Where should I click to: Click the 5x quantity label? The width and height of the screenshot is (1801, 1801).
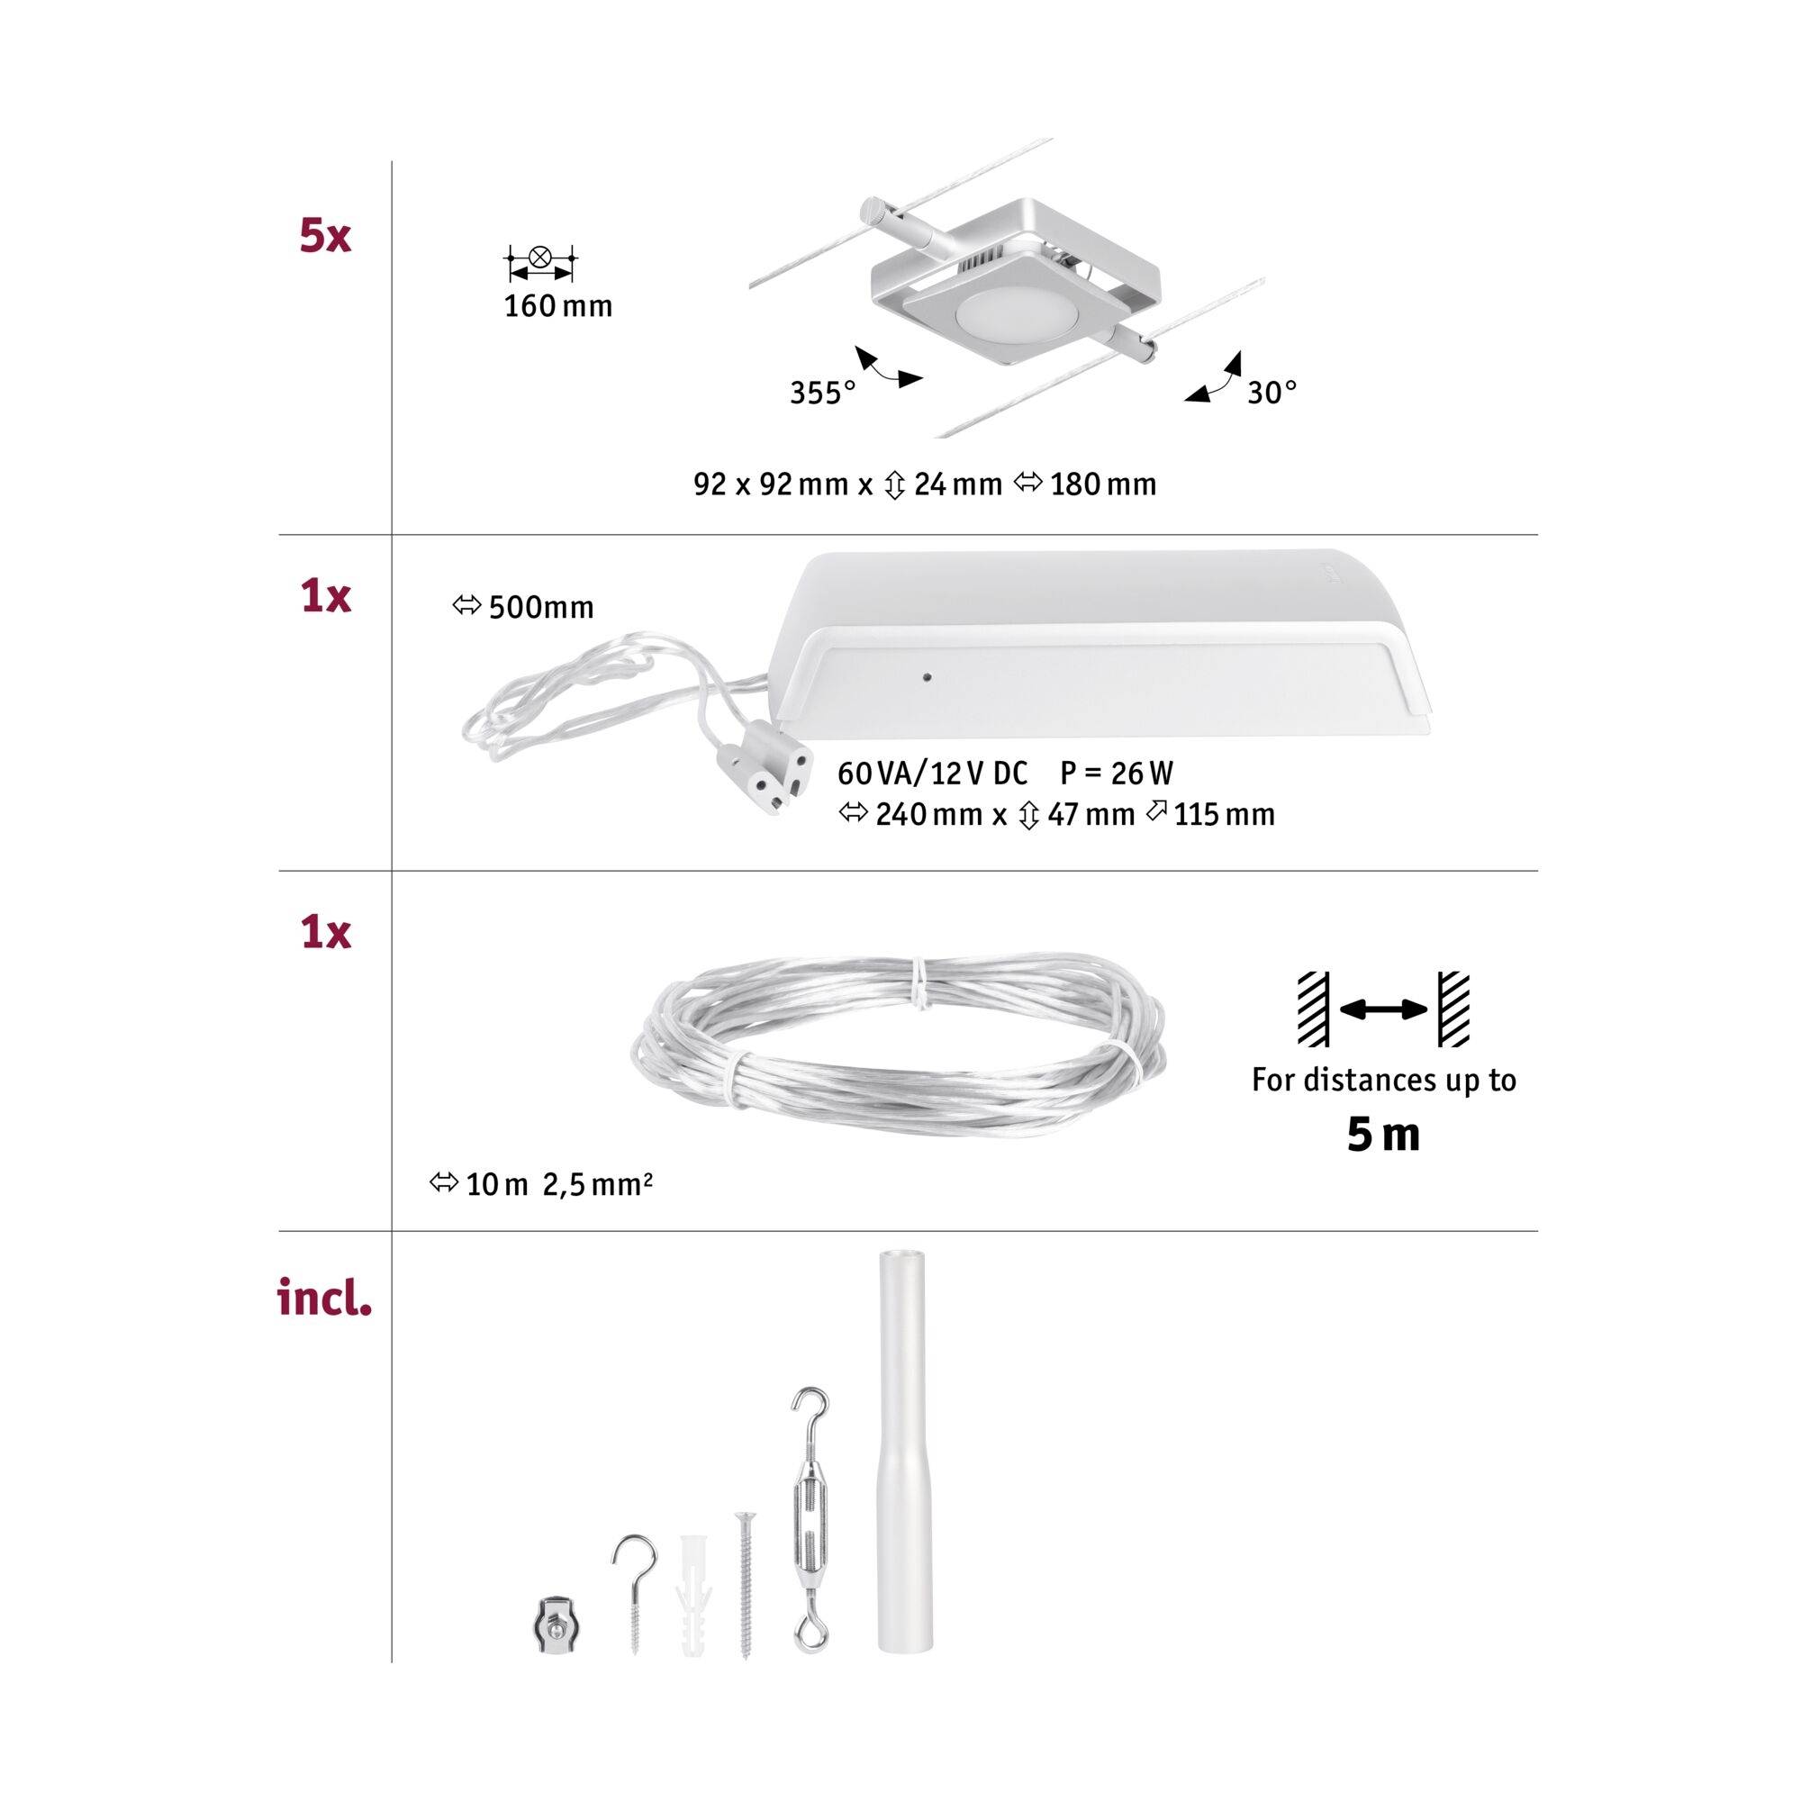pos(325,235)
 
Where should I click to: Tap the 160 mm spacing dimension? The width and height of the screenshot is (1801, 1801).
pos(557,307)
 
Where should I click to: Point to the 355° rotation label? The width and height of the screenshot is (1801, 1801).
pos(822,394)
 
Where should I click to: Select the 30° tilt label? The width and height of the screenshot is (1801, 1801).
pos(1272,393)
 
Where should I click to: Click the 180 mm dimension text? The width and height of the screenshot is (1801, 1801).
pos(1103,484)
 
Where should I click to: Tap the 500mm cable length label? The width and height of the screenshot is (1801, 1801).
pos(540,608)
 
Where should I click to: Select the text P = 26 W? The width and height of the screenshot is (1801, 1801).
pos(1116,774)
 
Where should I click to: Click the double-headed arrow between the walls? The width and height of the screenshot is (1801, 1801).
pos(1383,1009)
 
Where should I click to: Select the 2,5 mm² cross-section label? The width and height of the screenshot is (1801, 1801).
pos(598,1185)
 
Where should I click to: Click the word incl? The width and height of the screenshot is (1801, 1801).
pos(325,1299)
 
